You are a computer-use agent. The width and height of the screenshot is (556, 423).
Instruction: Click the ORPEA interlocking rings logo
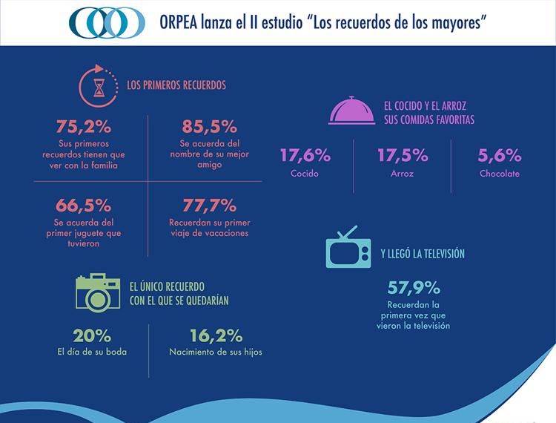tap(107, 23)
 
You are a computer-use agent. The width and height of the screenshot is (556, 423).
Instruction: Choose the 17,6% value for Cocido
tap(305, 156)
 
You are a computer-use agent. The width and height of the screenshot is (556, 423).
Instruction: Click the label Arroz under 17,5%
tap(403, 174)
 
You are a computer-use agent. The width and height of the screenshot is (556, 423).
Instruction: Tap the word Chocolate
tap(499, 174)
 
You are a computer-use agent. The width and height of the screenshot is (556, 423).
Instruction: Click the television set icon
tap(349, 247)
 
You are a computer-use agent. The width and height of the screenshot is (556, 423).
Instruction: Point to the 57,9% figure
tap(413, 287)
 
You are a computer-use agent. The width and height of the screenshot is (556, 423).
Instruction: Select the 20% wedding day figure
tap(93, 335)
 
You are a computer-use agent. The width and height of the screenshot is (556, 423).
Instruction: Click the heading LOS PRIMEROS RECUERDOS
tap(176, 85)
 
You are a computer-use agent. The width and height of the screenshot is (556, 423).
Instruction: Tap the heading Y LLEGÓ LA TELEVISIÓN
tap(423, 254)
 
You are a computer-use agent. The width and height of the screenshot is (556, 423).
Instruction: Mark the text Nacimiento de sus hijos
tap(216, 352)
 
